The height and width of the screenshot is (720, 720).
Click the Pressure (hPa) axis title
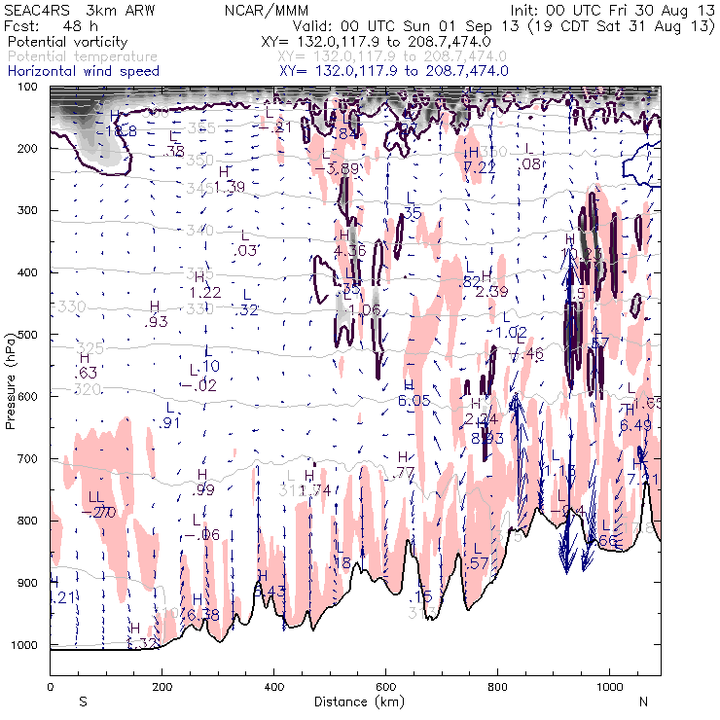pyautogui.click(x=12, y=366)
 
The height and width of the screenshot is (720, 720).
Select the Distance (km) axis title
pyautogui.click(x=356, y=702)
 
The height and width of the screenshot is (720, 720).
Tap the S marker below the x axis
pyautogui.click(x=83, y=701)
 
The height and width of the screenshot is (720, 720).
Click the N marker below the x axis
pyautogui.click(x=643, y=701)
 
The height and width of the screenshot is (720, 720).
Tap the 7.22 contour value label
pyautogui.click(x=480, y=167)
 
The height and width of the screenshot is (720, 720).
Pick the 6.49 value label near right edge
pyautogui.click(x=635, y=424)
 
